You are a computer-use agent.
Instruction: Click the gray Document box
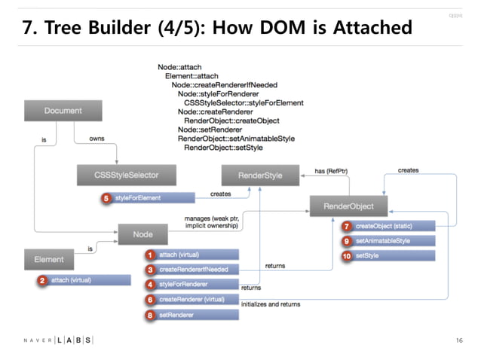coord(63,111)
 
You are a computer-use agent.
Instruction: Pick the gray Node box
coord(142,234)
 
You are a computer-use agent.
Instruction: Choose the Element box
coord(48,260)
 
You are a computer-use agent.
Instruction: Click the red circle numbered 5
coord(106,197)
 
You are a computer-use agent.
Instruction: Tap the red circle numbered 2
coord(43,280)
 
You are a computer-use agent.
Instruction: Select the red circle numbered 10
coord(346,256)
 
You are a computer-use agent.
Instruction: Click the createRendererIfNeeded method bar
coord(198,269)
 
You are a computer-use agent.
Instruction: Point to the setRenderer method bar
coord(198,314)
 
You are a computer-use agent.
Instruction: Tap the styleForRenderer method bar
coord(198,284)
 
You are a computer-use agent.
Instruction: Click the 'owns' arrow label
coord(97,139)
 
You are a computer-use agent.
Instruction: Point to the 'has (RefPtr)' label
coord(332,171)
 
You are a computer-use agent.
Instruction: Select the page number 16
coord(458,340)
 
